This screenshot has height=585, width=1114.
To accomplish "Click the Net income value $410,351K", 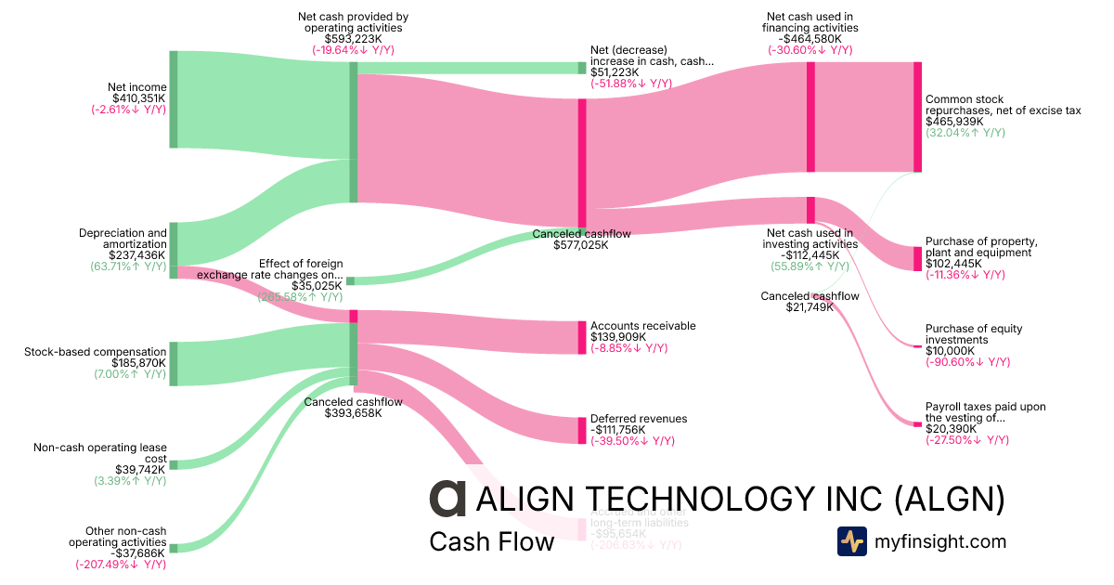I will pos(138,98).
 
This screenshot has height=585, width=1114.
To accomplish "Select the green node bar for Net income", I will pos(174,99).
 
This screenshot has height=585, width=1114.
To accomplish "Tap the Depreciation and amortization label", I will pos(123,239).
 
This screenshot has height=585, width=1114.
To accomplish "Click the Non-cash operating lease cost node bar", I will pos(174,464).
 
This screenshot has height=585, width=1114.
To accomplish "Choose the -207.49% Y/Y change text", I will pos(121,564).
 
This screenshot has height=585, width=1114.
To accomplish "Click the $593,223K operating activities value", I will pos(353,39).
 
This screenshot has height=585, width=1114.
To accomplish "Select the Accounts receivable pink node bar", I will pos(582,337).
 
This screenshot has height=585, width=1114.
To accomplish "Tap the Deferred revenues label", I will pos(639,419).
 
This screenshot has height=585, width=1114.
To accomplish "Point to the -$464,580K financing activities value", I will pos(810,39).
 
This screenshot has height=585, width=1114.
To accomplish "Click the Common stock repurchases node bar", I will pos(917,117).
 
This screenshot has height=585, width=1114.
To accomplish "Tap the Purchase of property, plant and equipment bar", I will pos(917,258).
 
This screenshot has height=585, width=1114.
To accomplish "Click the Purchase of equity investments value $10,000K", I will pos(951,351).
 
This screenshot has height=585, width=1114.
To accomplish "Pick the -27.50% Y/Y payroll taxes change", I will pos(966,440).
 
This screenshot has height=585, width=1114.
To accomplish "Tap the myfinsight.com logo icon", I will pos(851,541).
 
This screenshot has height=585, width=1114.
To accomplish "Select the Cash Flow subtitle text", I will pos(491,541).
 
